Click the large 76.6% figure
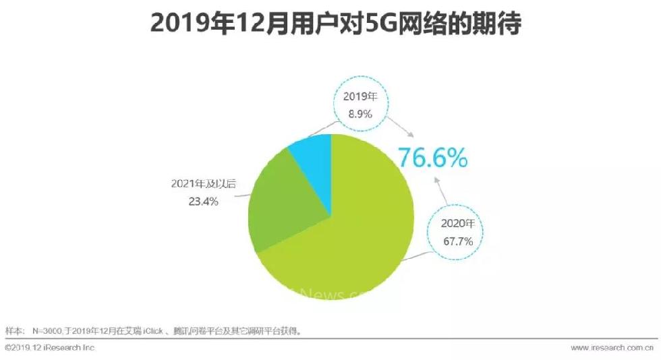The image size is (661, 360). (432, 158)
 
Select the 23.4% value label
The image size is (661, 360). (203, 201)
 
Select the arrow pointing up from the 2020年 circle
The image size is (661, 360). (439, 189)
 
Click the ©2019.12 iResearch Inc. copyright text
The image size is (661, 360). (51, 348)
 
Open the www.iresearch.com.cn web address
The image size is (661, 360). (612, 348)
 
